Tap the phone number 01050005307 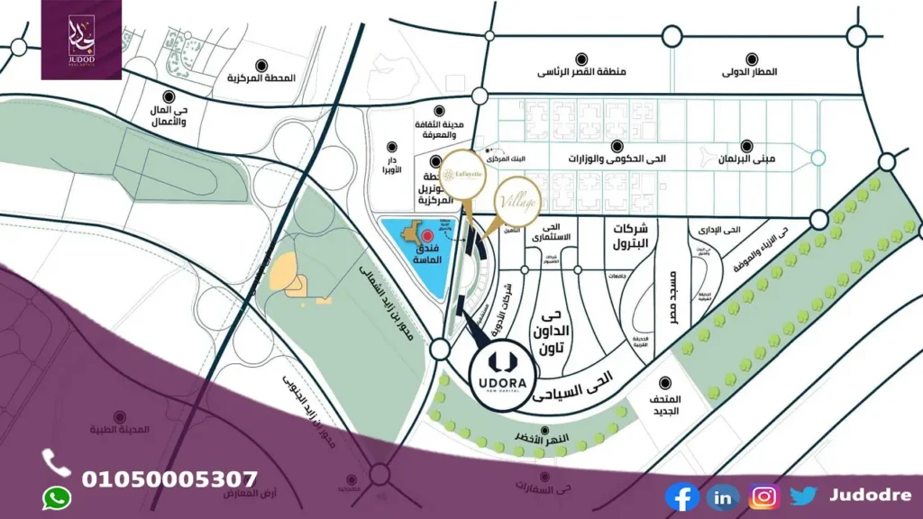click(x=170, y=478)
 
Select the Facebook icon click(x=681, y=496)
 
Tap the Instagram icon click(x=763, y=496)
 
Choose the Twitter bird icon click(x=803, y=496)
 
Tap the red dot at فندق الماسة click(x=427, y=234)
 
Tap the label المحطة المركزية click(x=260, y=78)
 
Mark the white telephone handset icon click(x=56, y=462)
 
